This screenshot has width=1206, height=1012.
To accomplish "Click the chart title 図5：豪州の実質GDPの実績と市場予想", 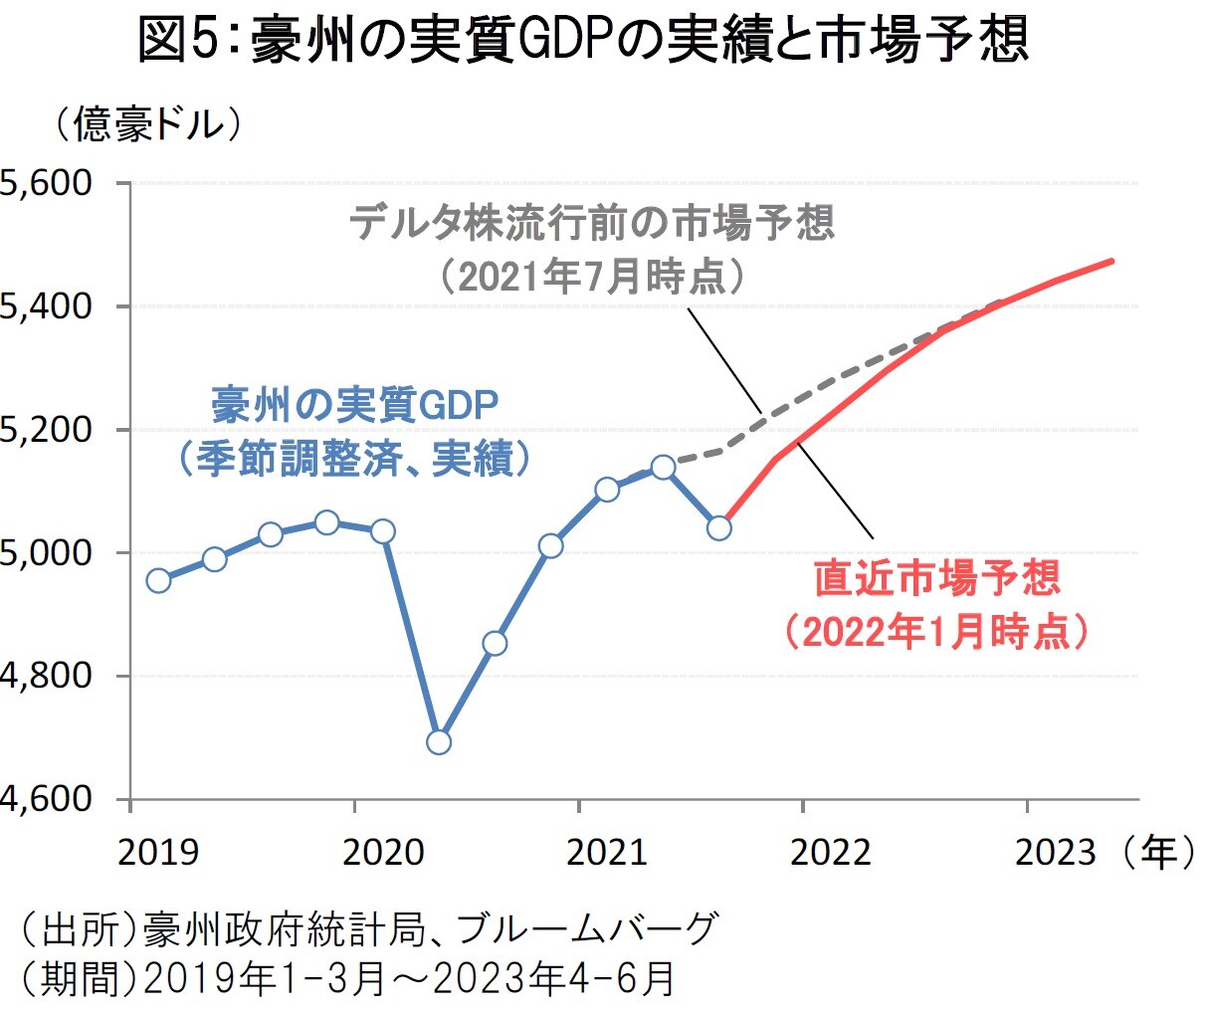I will [x=582, y=42].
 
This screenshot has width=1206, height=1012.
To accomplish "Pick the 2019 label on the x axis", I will [x=158, y=853].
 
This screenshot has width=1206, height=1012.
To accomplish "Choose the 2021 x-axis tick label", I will [x=607, y=853].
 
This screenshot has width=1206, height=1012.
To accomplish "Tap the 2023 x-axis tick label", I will [x=1055, y=853].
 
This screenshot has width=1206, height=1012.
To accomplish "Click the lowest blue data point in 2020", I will [x=439, y=741].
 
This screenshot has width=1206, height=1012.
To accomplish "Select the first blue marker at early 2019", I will [x=158, y=580].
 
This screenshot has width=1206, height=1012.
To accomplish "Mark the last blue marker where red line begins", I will [x=718, y=527].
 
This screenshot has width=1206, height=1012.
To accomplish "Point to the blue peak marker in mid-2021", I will [x=663, y=467].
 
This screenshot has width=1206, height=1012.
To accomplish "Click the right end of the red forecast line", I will [x=1111, y=261].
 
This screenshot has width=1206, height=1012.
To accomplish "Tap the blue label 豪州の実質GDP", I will [x=354, y=406].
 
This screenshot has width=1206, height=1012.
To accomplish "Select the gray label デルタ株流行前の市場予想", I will [x=591, y=223].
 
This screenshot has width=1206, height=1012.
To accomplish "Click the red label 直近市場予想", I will [x=937, y=578].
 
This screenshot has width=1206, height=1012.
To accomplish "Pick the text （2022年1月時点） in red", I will [x=935, y=631].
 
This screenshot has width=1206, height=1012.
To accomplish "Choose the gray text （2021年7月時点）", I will [x=591, y=276].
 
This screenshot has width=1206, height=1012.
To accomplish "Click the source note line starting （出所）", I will [x=368, y=929].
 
